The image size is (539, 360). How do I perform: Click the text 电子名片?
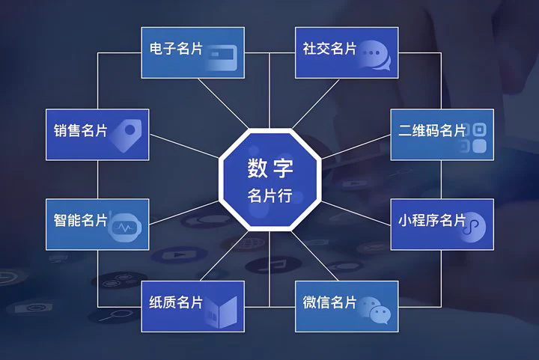point(176,49)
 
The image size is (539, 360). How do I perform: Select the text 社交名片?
point(329,49)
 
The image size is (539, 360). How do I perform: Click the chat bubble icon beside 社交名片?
point(374,55)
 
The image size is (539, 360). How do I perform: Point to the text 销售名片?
point(80,130)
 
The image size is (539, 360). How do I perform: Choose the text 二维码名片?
point(432,130)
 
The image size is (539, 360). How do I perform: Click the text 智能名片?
point(80,220)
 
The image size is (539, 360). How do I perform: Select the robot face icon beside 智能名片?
point(124,227)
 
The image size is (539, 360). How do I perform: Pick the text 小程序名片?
point(432,220)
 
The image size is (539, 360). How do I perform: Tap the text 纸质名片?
point(176,302)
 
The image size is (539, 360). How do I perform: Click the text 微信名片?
point(329,302)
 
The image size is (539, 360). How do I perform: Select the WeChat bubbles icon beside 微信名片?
point(374,310)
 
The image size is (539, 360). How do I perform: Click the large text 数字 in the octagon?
point(270,168)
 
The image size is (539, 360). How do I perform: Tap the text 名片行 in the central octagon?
point(269,195)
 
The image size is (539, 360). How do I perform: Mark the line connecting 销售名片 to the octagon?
point(185,147)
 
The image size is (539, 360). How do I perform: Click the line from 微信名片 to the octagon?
point(314,256)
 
